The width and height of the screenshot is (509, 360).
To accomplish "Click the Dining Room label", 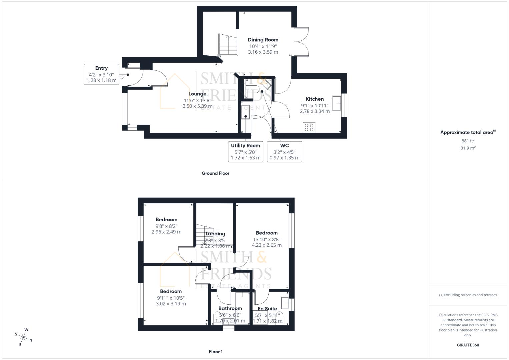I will coord(263,40).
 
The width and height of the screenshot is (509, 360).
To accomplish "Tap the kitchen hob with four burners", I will coord(309,127).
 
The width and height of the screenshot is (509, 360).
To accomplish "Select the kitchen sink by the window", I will coord(336,103).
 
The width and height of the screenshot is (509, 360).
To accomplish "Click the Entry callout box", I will coord(101,74).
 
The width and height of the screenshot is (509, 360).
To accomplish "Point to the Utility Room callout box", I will coord(245,152).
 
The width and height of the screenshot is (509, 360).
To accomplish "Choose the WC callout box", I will coord(284,152).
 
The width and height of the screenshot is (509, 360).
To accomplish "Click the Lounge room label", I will coord(197,94).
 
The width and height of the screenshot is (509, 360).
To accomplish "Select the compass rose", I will coord(24,337).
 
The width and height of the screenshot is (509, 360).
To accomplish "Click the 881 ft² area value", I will coord(468,141).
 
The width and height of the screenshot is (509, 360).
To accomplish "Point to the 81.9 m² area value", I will coord(468,148).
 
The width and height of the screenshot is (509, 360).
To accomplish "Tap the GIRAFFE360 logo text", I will coord(468,345).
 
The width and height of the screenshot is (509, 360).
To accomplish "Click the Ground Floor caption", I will coord(215,173).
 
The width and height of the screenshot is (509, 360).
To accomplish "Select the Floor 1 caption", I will coord(215,352).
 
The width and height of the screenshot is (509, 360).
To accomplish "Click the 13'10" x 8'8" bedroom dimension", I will coord(266,239).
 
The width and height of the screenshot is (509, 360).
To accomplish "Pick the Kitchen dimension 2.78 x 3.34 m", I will coord(315,111).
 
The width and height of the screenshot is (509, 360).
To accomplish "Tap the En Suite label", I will coord(267,309).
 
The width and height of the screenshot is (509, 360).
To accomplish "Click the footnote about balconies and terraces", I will coord(468,295).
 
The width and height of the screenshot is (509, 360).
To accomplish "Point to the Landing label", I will coord(215,234).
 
